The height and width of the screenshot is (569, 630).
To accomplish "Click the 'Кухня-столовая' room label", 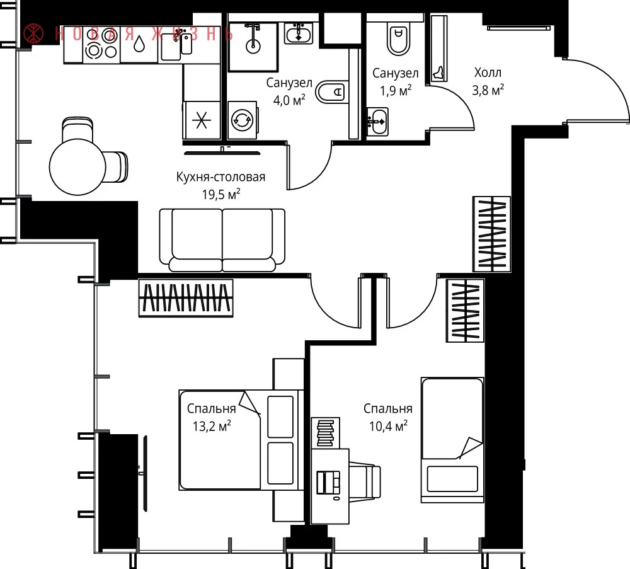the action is [x=220, y=177].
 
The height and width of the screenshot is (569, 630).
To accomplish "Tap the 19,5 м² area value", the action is [x=221, y=195].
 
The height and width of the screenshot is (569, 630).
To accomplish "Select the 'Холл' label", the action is [x=488, y=72].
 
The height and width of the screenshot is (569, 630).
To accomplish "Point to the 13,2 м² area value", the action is [x=212, y=426].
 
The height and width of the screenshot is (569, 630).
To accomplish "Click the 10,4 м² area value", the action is [x=388, y=426].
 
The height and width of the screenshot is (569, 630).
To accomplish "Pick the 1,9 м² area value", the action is [x=396, y=90].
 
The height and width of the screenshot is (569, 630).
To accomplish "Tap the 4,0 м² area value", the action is [x=289, y=100].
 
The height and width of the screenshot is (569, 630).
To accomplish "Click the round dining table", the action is [x=77, y=166].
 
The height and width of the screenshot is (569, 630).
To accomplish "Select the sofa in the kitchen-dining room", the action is [x=222, y=240].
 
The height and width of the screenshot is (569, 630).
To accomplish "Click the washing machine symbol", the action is [x=242, y=120].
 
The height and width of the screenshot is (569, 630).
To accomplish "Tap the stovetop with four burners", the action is [x=101, y=43].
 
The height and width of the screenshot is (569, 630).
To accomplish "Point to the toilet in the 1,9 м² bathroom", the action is [x=398, y=38].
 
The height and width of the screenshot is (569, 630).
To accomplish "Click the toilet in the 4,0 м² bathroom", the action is [x=331, y=91].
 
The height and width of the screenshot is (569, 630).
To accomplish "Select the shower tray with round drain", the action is [x=253, y=47].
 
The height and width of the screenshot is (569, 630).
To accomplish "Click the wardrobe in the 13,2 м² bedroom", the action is [x=186, y=298].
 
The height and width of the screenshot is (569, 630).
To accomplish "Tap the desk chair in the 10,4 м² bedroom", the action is [x=364, y=482].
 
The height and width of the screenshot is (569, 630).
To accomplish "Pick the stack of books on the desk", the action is [x=326, y=433].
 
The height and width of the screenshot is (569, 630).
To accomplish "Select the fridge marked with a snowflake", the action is [x=202, y=120].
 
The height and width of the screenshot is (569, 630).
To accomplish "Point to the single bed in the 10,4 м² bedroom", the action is [x=452, y=440].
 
